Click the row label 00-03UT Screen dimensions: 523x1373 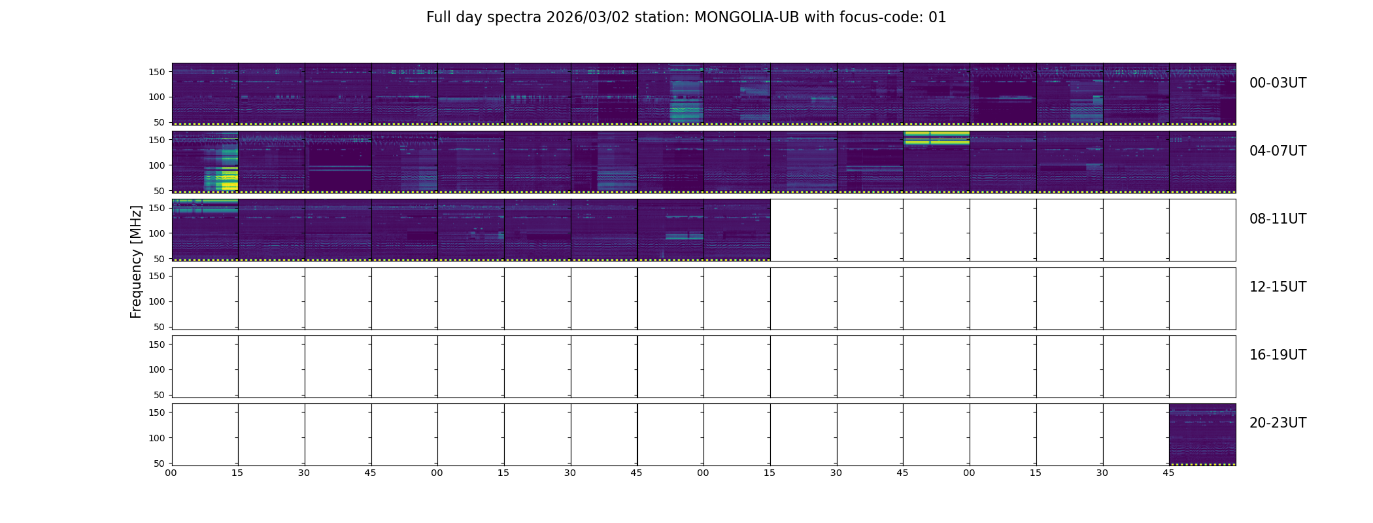[1278, 83]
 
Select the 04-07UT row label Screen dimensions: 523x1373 [1278, 151]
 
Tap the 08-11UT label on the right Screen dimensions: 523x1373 [1278, 219]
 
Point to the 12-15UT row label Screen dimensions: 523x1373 [1278, 287]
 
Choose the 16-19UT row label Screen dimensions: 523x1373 [1278, 355]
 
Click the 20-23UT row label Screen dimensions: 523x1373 [1278, 423]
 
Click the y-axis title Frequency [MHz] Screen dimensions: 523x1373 [136, 261]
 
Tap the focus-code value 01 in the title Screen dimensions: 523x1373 [938, 18]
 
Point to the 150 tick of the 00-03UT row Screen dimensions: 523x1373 [157, 72]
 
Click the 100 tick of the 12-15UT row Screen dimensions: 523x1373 [157, 301]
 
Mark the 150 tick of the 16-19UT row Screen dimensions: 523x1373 [157, 345]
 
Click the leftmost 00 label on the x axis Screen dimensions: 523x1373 [171, 473]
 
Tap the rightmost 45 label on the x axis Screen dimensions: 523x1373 [1168, 473]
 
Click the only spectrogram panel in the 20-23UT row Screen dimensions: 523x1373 [1202, 434]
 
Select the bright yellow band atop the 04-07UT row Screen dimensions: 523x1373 [936, 137]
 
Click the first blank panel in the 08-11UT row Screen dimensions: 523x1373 [804, 230]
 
